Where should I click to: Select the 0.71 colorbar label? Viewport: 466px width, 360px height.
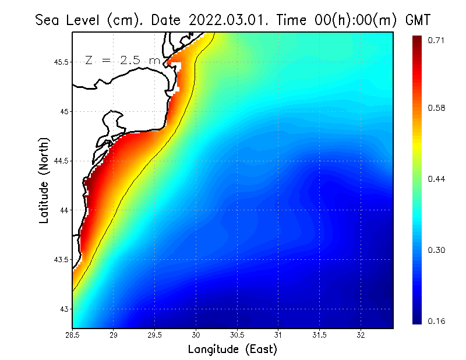[437, 40]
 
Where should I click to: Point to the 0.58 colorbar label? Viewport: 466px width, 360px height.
[437, 108]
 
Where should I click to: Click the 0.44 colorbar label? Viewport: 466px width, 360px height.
[437, 179]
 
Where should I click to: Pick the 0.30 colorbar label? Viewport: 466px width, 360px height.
[437, 250]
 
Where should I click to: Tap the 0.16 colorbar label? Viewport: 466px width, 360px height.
[437, 321]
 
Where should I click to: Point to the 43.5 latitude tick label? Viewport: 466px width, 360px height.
[62, 259]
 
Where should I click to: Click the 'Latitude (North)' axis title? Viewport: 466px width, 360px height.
[44, 180]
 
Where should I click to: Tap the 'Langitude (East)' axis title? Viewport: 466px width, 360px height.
[232, 350]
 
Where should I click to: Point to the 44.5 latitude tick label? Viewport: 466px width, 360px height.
[62, 161]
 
